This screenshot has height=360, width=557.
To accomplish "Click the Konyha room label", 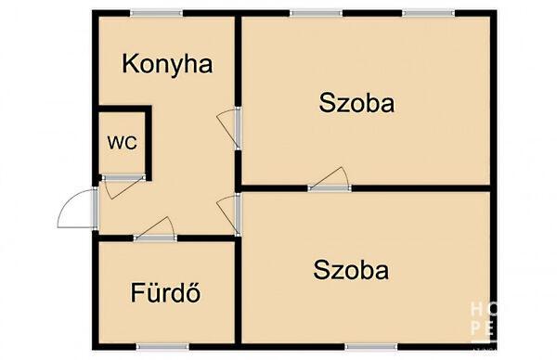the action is (168, 64).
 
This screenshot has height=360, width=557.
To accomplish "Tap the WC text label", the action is (122, 143).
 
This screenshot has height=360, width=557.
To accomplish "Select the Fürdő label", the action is (167, 295).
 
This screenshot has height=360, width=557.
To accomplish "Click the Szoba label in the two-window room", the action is (356, 103).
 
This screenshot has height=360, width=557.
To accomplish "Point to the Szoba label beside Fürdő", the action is (351, 271).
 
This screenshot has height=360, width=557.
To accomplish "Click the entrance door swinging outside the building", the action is (76, 210).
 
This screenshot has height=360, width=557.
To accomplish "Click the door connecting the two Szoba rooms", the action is (330, 180).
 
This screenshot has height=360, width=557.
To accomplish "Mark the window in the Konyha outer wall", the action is (155, 13).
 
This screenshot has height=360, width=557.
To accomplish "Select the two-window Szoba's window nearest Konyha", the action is (316, 13).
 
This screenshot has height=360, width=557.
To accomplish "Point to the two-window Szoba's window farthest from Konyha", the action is (428, 13).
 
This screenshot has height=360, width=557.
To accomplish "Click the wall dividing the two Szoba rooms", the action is (418, 188).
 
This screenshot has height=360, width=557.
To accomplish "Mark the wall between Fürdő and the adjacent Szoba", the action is (238, 288).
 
